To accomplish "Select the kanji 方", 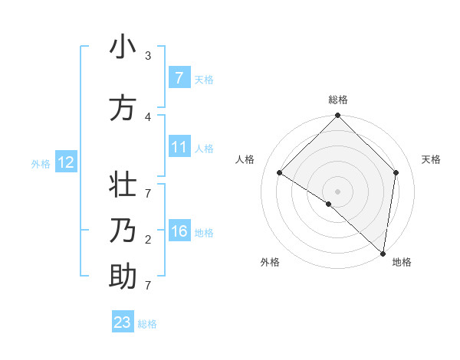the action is pyautogui.click(x=123, y=108).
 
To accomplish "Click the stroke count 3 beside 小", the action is pyautogui.click(x=148, y=56).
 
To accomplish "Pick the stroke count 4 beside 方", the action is pyautogui.click(x=148, y=116).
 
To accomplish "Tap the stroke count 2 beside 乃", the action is pyautogui.click(x=148, y=240).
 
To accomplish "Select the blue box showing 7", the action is pyautogui.click(x=179, y=77).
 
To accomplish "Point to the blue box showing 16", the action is pyautogui.click(x=179, y=231).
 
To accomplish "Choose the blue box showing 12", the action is pyautogui.click(x=66, y=162).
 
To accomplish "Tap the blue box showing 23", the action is pyautogui.click(x=123, y=322).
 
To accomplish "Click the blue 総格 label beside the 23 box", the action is pyautogui.click(x=147, y=324).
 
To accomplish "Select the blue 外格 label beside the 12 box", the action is pyautogui.click(x=41, y=163).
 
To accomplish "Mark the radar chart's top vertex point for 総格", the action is pyautogui.click(x=337, y=116).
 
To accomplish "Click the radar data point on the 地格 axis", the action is pyautogui.click(x=383, y=253).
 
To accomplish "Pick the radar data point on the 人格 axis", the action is pyautogui.click(x=279, y=172).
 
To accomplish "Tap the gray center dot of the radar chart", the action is pyautogui.click(x=337, y=191).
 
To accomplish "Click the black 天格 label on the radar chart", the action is pyautogui.click(x=432, y=159).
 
